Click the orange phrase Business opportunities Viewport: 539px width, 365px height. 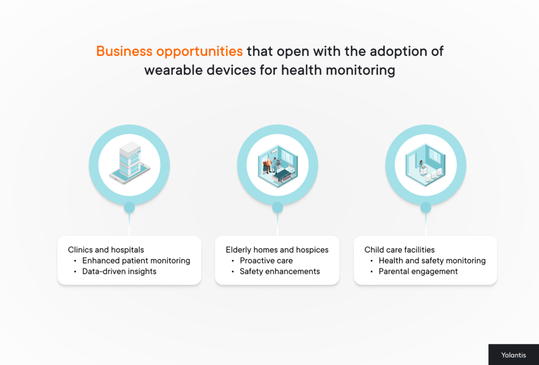(x=169, y=52)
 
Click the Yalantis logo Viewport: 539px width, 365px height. (x=513, y=355)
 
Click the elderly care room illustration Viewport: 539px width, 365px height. (x=277, y=164)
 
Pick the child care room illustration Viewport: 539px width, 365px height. (x=425, y=164)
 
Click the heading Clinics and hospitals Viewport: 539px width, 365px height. (x=106, y=250)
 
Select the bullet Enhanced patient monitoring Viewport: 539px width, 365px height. (x=136, y=260)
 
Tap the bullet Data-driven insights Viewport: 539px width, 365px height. (x=119, y=271)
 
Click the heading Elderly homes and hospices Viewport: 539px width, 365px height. (x=277, y=250)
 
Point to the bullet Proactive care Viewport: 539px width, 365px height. (x=266, y=260)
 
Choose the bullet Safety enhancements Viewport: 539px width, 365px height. (x=280, y=271)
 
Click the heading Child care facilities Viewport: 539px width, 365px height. (x=400, y=250)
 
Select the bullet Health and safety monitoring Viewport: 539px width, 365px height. (x=432, y=260)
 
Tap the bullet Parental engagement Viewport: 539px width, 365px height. (x=418, y=271)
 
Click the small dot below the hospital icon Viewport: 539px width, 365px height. (x=129, y=208)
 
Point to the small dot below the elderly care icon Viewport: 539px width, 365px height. (x=277, y=208)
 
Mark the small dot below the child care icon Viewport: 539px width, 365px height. (x=425, y=208)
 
